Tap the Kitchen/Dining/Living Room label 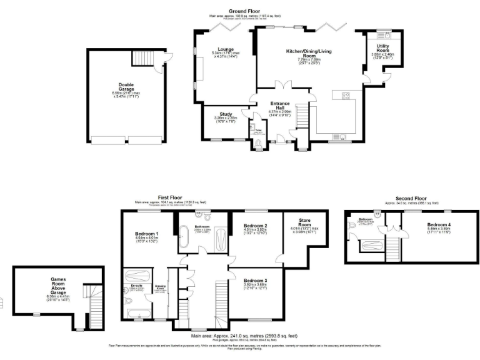[309, 52]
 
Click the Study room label [222, 114]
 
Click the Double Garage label [126, 87]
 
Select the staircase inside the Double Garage [142, 59]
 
